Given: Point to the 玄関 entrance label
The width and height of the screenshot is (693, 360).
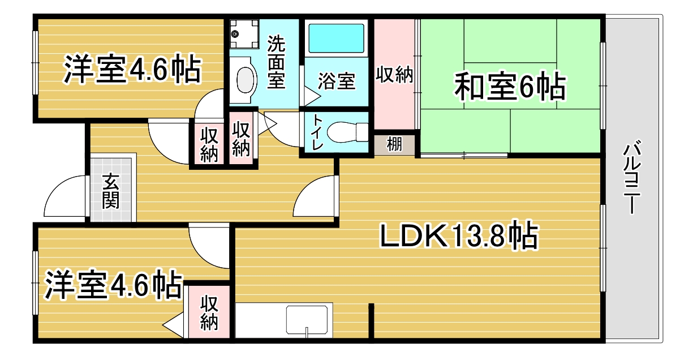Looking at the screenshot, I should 111,192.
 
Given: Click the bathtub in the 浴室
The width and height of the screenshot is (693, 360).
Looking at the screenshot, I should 336,38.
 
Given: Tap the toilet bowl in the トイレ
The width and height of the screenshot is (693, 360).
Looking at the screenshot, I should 345,132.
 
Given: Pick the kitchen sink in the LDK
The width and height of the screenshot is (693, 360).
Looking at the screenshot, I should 308,320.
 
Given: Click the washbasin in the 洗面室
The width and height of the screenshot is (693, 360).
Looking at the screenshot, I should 244,79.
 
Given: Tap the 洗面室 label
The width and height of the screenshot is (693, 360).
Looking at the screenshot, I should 276,61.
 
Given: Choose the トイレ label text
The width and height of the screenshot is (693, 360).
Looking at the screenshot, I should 316,132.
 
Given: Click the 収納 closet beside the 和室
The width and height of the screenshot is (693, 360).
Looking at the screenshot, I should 394,75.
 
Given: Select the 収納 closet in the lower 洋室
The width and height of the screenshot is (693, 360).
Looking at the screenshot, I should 209,312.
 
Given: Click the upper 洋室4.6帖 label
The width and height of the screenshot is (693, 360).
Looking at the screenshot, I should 131,70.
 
